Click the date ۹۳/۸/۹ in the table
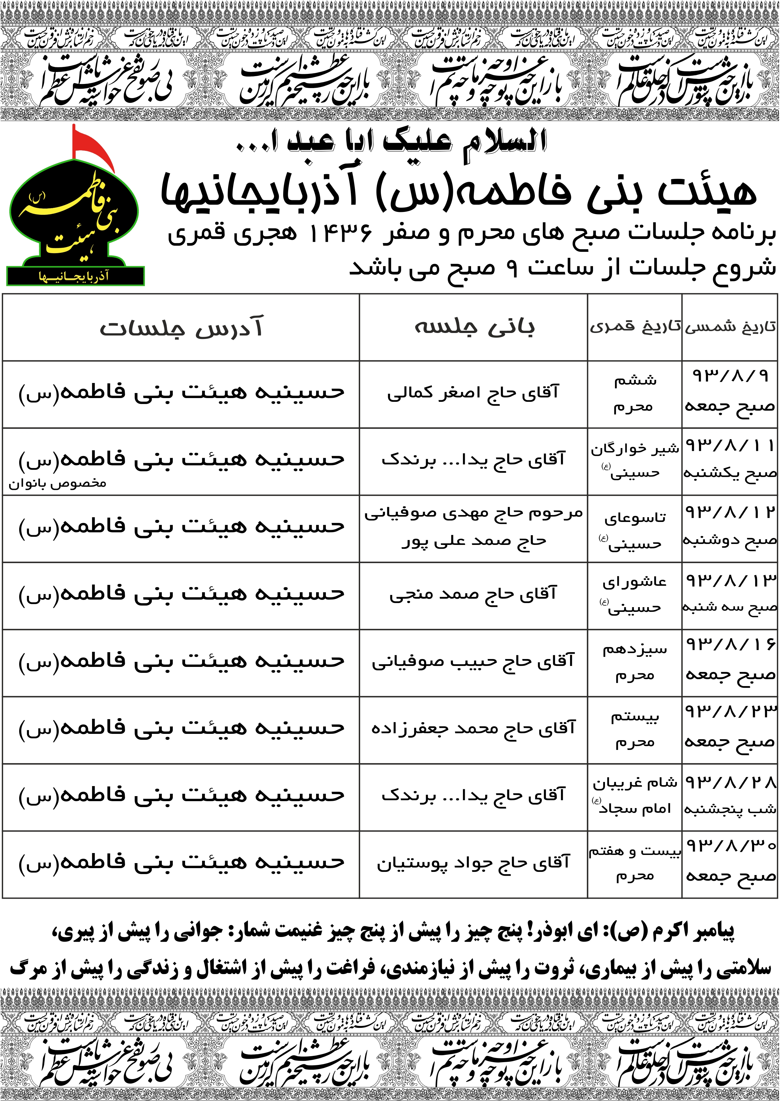(730, 376)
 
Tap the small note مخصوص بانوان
(57, 483)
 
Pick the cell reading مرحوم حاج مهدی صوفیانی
(473, 513)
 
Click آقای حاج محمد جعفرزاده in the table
(473, 729)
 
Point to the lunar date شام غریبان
(635, 783)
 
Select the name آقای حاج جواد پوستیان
(473, 863)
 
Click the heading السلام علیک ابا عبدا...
(392, 142)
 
